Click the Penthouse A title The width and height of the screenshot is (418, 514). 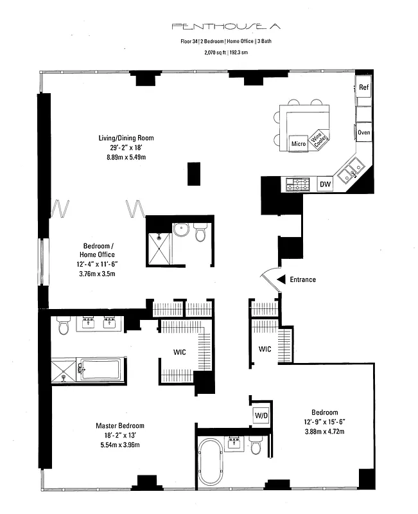coord(209,26)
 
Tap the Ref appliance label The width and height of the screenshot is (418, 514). coord(364,87)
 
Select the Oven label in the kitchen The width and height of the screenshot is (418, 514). coord(364,132)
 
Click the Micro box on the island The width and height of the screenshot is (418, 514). coord(298,143)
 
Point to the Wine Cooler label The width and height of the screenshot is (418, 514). coord(317,139)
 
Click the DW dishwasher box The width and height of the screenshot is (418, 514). coord(326,185)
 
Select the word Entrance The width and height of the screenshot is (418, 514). coord(303,279)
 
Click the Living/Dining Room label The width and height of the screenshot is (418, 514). coord(126,138)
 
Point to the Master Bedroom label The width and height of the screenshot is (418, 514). coord(120,426)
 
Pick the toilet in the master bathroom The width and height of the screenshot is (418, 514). coord(63,326)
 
